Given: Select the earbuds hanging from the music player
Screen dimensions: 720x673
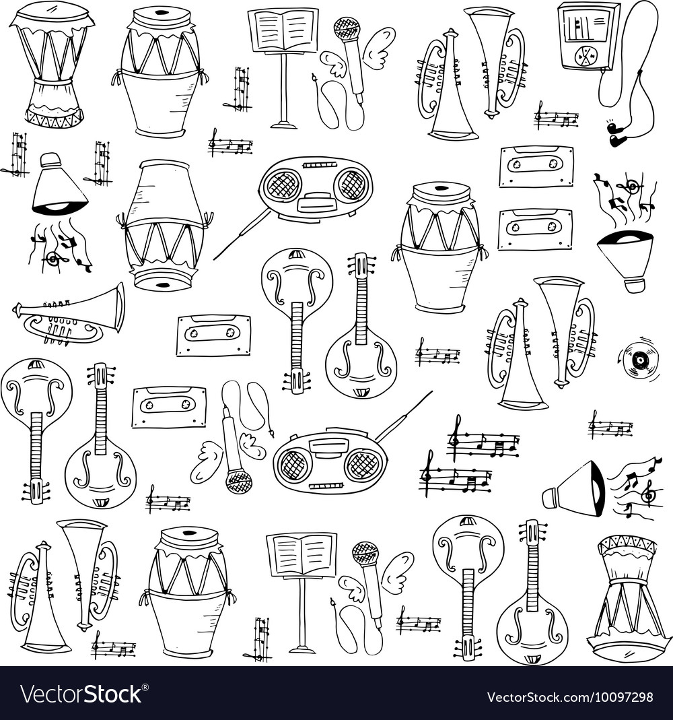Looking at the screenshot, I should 615,134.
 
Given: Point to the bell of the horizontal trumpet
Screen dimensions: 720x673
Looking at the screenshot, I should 118,307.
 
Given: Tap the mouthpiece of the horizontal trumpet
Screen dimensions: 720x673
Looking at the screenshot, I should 16,310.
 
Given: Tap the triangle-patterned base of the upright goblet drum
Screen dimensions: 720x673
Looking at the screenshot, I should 54,118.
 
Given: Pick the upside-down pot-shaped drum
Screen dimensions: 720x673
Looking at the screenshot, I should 164,226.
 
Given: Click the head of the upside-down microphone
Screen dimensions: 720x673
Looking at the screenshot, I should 239,481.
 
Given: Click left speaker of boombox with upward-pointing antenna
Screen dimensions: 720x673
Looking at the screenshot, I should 293,464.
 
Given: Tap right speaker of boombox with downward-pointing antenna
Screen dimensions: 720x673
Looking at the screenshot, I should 352,184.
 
